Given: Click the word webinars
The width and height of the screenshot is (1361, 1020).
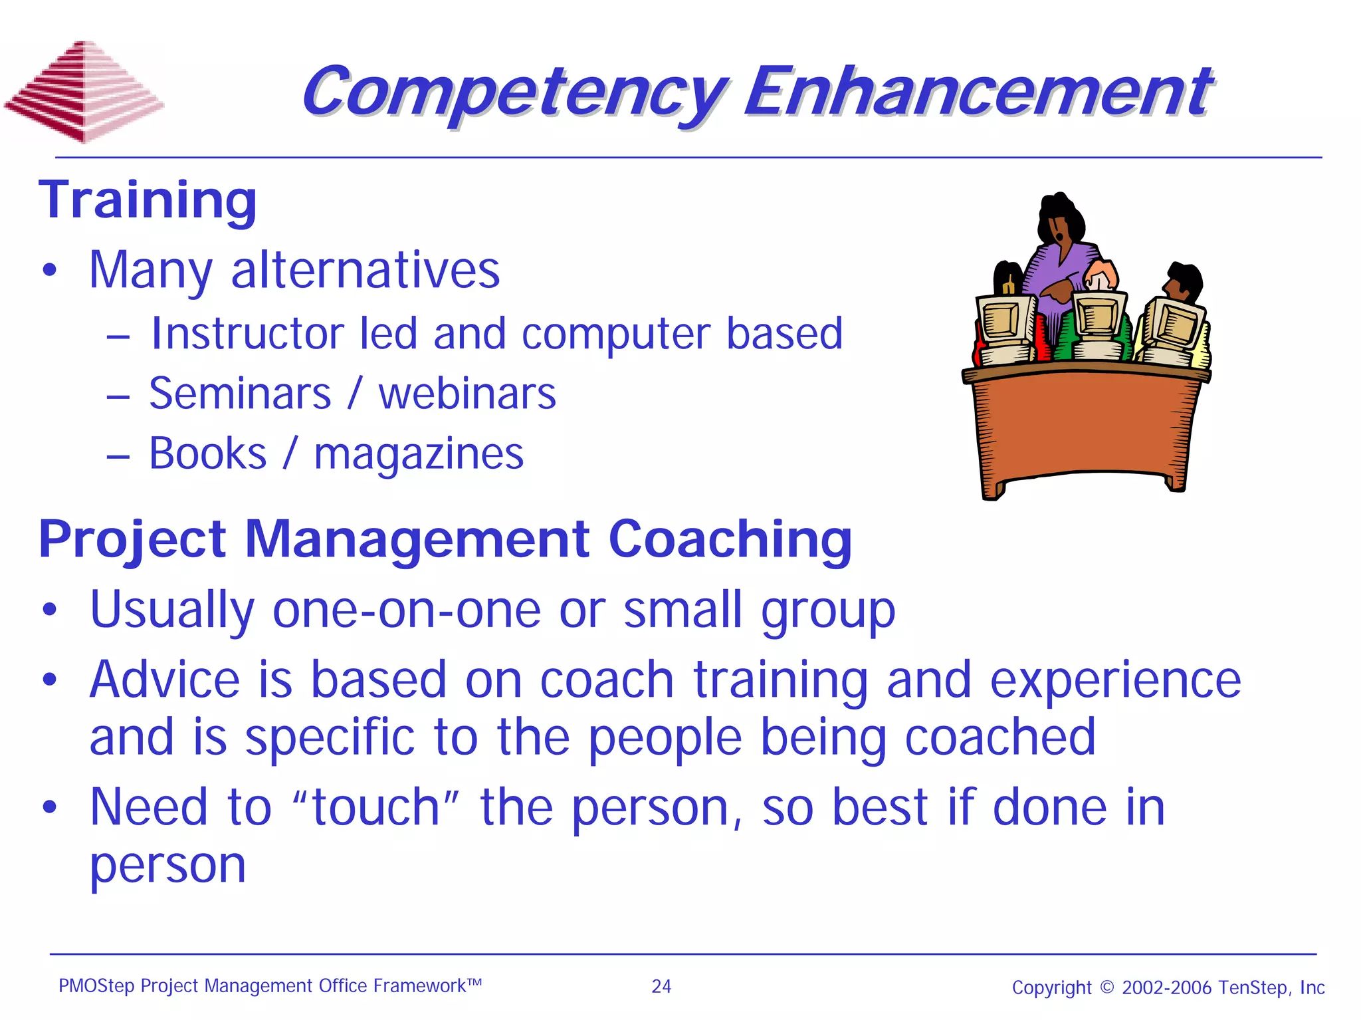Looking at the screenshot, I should point(467,394).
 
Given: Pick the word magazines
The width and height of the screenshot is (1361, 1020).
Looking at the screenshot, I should point(419,455).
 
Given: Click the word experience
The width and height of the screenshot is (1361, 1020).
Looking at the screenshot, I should point(1115,681).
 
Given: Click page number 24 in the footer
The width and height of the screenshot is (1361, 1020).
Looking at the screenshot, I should point(661,987).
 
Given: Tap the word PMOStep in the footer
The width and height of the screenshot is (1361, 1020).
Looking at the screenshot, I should point(96,986).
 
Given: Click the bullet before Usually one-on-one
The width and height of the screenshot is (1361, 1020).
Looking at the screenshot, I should point(50,610).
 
